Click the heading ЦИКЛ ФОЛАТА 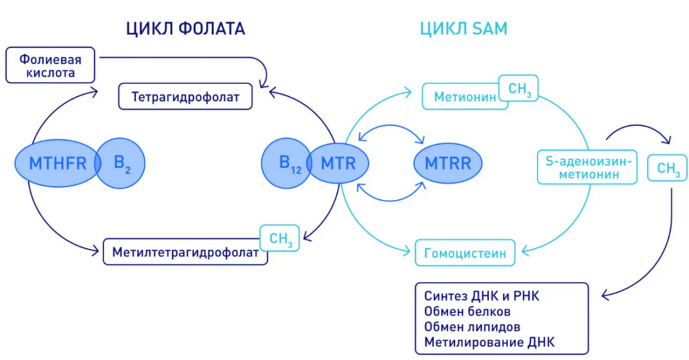point(186,29)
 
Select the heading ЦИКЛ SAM point(464,29)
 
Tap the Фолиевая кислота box point(50,65)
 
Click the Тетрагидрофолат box point(186,96)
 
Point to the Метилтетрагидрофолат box point(185,252)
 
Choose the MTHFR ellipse point(57,163)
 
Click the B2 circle point(121,163)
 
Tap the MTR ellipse point(338,163)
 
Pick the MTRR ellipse point(447,163)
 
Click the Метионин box point(465,96)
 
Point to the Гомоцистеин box point(465,253)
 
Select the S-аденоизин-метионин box point(587,167)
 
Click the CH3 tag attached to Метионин point(519,88)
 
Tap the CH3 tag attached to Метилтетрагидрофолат point(280,238)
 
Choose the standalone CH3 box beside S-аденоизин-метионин point(667,168)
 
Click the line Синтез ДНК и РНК point(482,296)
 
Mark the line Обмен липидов point(472,327)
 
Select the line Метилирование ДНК point(490,342)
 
